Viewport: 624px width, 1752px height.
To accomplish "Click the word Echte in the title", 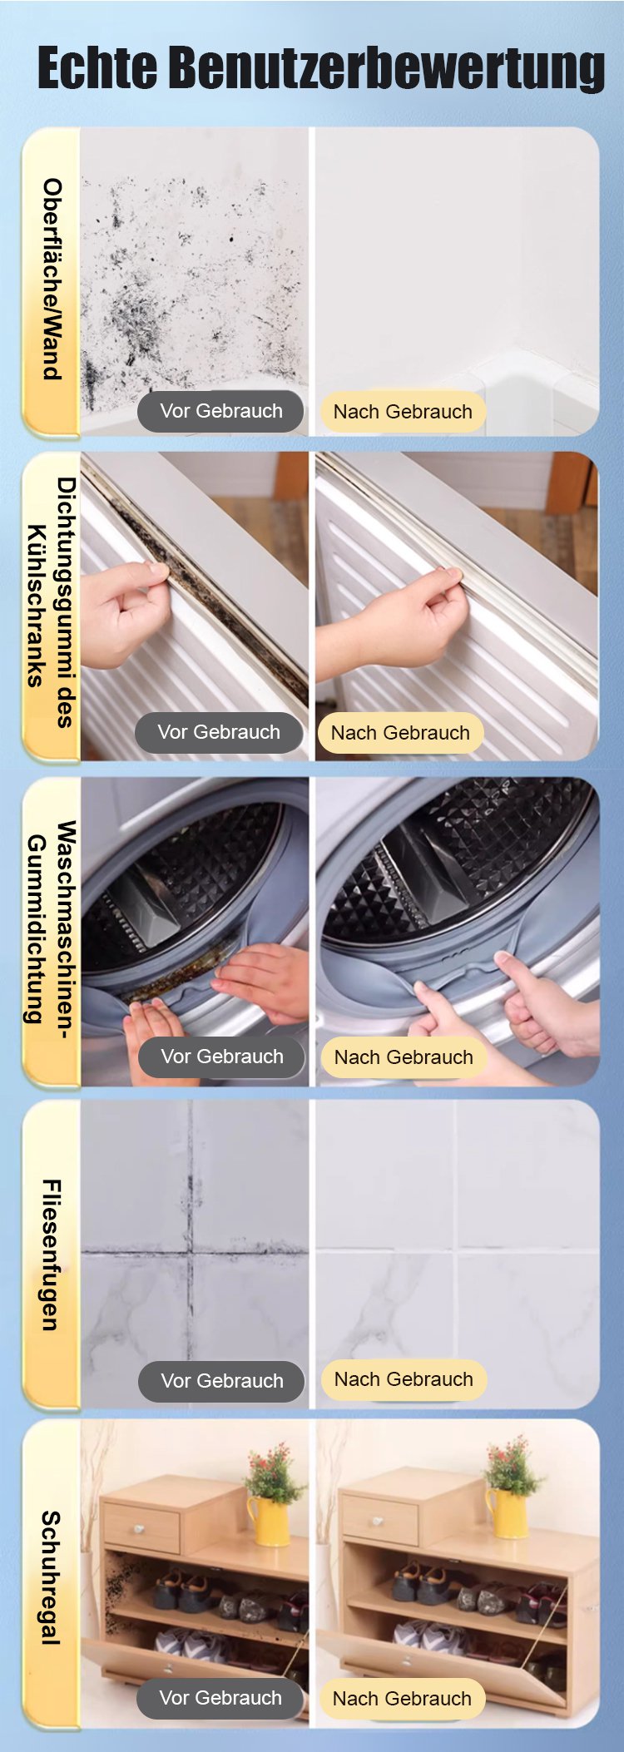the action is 97,67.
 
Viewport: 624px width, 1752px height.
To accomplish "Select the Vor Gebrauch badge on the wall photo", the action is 220,411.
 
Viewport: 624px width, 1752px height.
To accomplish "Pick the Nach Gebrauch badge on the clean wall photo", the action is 403,412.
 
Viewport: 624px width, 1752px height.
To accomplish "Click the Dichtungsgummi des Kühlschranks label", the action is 50,602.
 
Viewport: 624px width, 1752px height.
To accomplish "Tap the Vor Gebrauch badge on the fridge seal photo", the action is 219,732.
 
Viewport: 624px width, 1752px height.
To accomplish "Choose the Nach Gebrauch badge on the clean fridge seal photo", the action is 400,733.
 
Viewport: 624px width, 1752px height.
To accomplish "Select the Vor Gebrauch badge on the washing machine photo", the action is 222,1057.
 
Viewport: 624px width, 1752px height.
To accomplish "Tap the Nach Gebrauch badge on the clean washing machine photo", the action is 404,1057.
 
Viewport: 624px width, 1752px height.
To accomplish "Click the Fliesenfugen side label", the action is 52,1255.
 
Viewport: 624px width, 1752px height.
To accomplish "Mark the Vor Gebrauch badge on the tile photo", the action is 222,1381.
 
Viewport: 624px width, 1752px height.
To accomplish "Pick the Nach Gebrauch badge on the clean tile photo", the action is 404,1379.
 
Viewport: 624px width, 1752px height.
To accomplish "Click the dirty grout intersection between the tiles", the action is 191,1250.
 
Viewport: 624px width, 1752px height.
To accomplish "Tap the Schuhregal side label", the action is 52,1577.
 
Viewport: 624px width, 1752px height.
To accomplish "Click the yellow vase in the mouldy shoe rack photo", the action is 269,1520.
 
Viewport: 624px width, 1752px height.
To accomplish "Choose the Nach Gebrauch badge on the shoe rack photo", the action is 402,1699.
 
